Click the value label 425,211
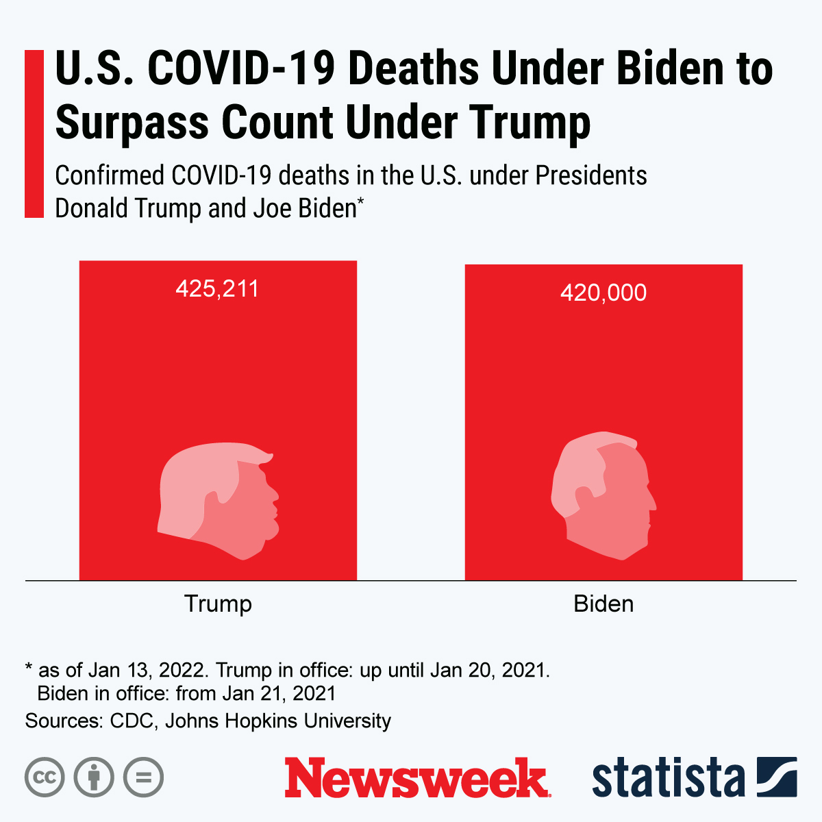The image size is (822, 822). (217, 288)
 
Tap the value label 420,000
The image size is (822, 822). (603, 292)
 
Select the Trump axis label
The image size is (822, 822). (218, 603)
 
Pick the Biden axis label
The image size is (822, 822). (603, 603)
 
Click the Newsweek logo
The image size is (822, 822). (417, 778)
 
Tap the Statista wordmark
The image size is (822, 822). (668, 778)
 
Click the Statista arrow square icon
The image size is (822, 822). (777, 777)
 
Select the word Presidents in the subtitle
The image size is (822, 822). (591, 176)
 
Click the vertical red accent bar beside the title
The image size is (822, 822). (34, 134)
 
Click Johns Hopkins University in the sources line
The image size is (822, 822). (277, 721)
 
